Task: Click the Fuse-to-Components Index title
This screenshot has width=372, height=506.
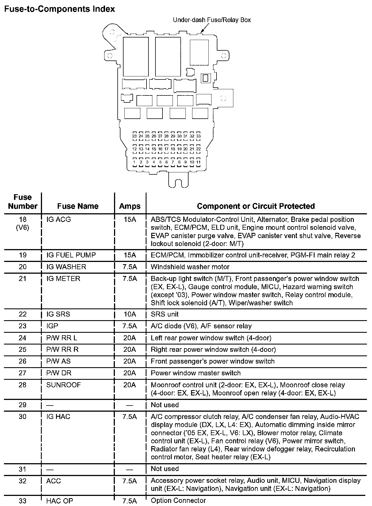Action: click(59, 9)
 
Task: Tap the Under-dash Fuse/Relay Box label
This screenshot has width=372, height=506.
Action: click(211, 20)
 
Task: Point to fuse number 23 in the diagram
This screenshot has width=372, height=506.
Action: click(134, 136)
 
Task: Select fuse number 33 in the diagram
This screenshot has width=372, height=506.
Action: click(198, 136)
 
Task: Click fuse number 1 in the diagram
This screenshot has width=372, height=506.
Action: click(134, 162)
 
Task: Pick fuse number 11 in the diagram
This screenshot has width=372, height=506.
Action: click(198, 162)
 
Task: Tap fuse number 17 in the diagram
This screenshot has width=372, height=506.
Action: click(166, 149)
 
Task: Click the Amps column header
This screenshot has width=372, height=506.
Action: click(130, 206)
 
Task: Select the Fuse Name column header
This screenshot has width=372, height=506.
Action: click(78, 206)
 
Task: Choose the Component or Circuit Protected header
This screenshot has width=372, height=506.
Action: click(256, 206)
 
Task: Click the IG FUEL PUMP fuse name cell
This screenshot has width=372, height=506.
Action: click(71, 255)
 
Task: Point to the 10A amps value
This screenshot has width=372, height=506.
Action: click(130, 314)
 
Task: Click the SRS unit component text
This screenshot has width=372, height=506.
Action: click(164, 314)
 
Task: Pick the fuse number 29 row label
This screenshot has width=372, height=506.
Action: click(22, 405)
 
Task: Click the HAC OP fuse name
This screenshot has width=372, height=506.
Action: click(60, 501)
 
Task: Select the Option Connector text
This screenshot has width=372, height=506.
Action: click(178, 500)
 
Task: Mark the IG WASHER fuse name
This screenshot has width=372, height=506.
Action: click(66, 267)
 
